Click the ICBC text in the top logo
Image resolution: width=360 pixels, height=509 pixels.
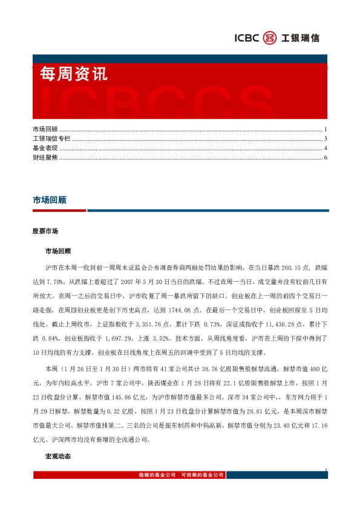click(247, 38)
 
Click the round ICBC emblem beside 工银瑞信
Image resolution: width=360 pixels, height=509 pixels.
click(270, 38)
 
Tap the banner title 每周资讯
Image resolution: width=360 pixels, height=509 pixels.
click(73, 74)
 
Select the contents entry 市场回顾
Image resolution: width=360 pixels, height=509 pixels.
click(45, 129)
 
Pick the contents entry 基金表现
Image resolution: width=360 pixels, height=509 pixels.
click(45, 148)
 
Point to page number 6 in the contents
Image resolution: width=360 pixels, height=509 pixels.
click(326, 158)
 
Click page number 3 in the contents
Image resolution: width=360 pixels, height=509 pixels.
click(326, 139)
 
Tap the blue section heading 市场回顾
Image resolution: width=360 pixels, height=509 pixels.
click(49, 199)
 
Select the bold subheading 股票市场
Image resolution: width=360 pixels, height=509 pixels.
click(45, 232)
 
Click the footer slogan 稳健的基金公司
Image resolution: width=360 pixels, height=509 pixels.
click(158, 475)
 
